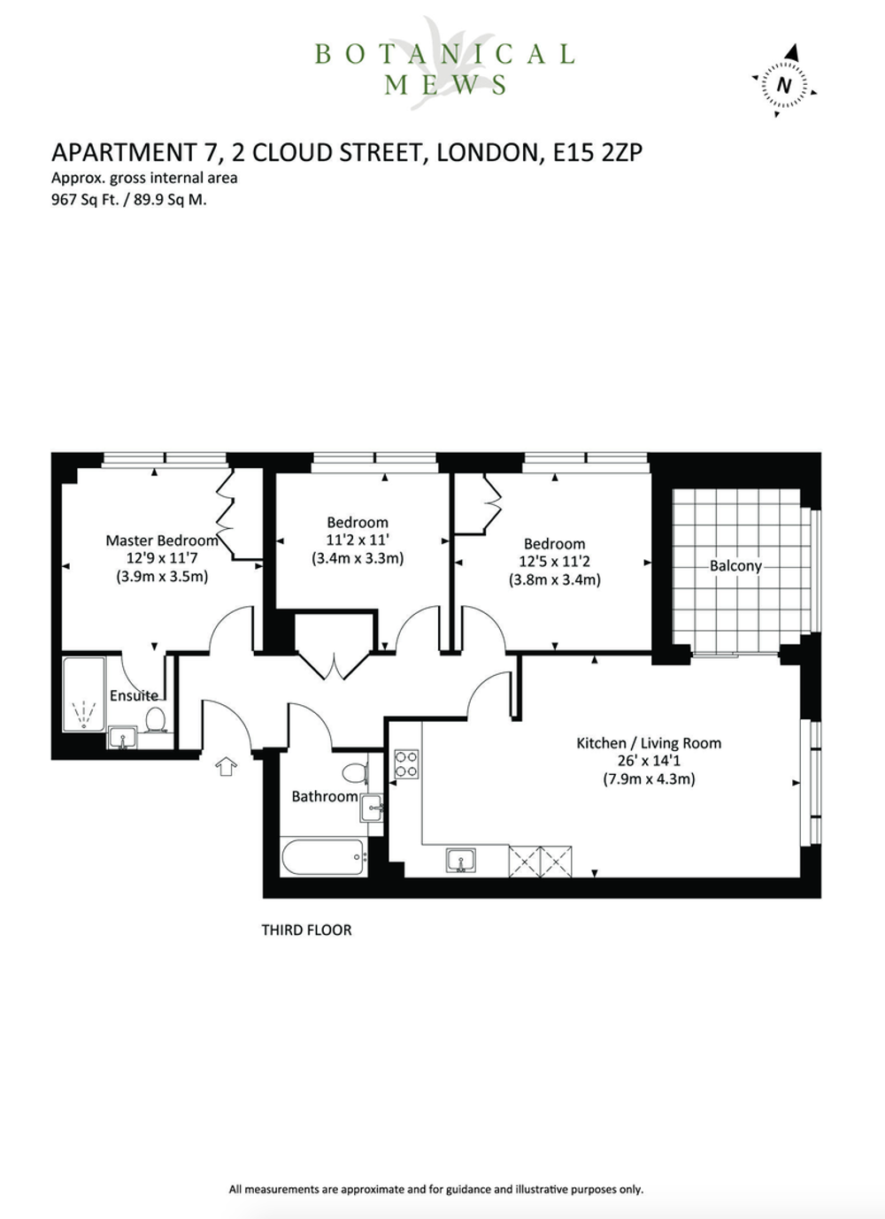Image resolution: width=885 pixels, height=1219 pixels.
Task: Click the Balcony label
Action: [x=735, y=566]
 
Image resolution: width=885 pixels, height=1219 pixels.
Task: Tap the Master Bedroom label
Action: [x=162, y=540]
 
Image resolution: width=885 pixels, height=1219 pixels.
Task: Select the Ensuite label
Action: [x=134, y=695]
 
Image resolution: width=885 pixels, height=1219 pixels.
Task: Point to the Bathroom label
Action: [x=325, y=797]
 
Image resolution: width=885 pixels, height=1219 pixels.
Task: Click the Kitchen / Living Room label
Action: [x=649, y=743]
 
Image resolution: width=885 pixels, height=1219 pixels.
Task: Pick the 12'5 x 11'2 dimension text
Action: [x=555, y=561]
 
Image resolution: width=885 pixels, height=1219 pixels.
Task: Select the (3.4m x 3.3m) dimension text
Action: [x=358, y=558]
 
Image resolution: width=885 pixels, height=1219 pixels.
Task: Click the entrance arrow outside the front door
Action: [x=226, y=766]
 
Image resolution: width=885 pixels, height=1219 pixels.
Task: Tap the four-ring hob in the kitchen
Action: [x=406, y=764]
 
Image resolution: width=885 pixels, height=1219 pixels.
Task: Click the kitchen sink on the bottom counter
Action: [x=460, y=860]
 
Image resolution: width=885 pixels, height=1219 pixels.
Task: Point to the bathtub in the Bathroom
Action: [x=323, y=857]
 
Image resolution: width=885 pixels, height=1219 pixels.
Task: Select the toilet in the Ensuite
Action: [x=156, y=719]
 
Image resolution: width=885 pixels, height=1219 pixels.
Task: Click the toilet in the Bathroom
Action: [x=355, y=771]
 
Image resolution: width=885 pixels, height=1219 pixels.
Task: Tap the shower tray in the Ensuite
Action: [x=84, y=695]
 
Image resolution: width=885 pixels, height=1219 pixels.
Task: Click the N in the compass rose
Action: [x=784, y=85]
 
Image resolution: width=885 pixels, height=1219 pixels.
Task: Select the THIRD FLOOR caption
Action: [x=306, y=930]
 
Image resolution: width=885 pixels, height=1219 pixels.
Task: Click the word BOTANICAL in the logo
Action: [x=444, y=54]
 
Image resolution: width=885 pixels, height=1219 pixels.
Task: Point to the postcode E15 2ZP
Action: [x=597, y=152]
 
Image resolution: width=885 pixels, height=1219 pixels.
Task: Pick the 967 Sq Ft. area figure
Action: [x=87, y=200]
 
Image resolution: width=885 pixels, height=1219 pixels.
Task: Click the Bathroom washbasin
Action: [x=371, y=808]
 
